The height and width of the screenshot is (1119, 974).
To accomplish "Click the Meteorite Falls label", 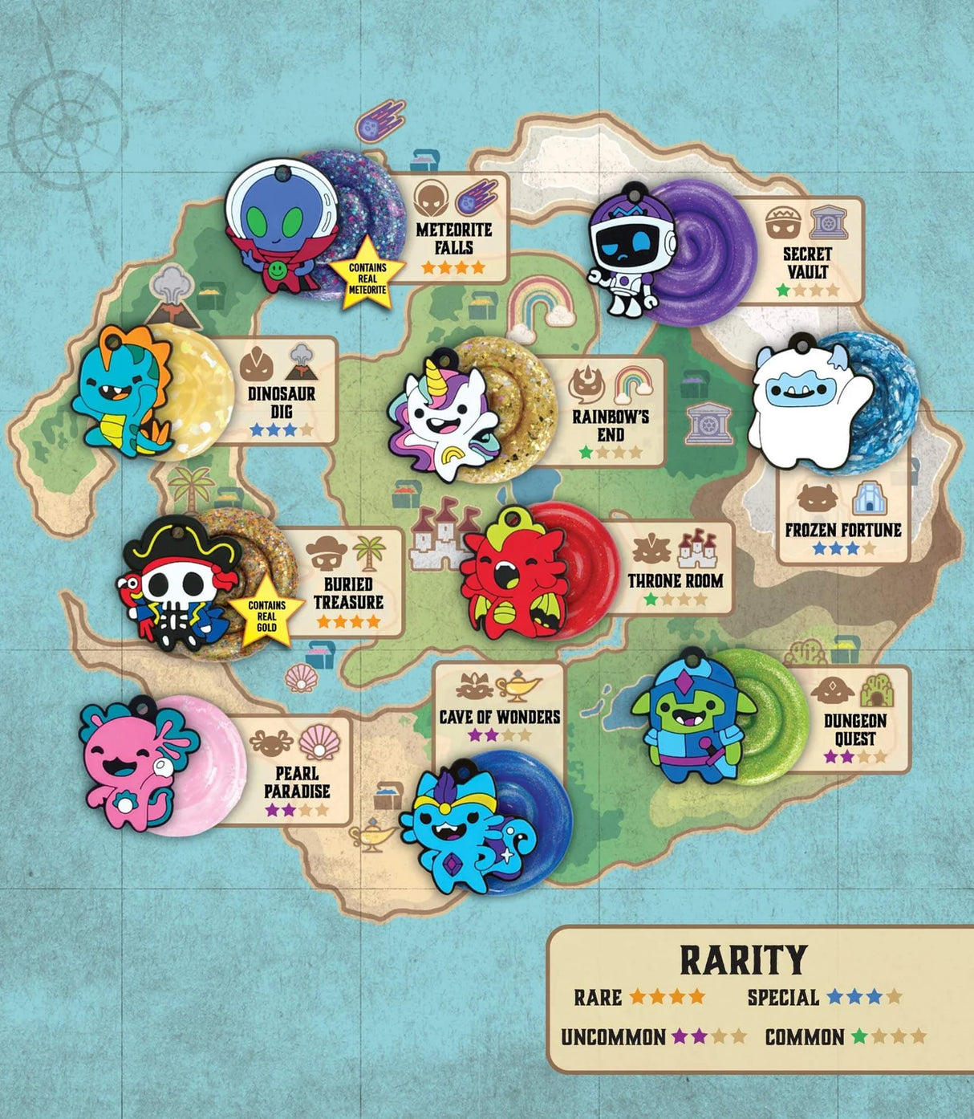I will pos(454,239).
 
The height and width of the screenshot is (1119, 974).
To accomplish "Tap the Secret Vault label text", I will pos(807,262).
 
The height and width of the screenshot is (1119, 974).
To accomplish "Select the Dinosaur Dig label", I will pos(282,402).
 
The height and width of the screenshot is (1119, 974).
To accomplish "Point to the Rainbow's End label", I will pos(611,425).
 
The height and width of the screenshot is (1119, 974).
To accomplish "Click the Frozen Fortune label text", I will pos(843,530).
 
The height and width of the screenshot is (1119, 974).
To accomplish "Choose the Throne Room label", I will pos(676,580).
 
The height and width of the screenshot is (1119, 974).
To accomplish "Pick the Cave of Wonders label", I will pos(499,716).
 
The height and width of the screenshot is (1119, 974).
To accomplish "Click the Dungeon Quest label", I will pos(855,729).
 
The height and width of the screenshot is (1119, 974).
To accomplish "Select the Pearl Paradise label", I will pos(297,782).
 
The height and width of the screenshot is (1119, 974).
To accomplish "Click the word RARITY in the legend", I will pos(743,960).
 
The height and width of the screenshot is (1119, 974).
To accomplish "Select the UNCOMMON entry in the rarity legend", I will pos(613,1037).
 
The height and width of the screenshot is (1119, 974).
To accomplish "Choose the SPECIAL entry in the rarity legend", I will pos(783,998).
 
